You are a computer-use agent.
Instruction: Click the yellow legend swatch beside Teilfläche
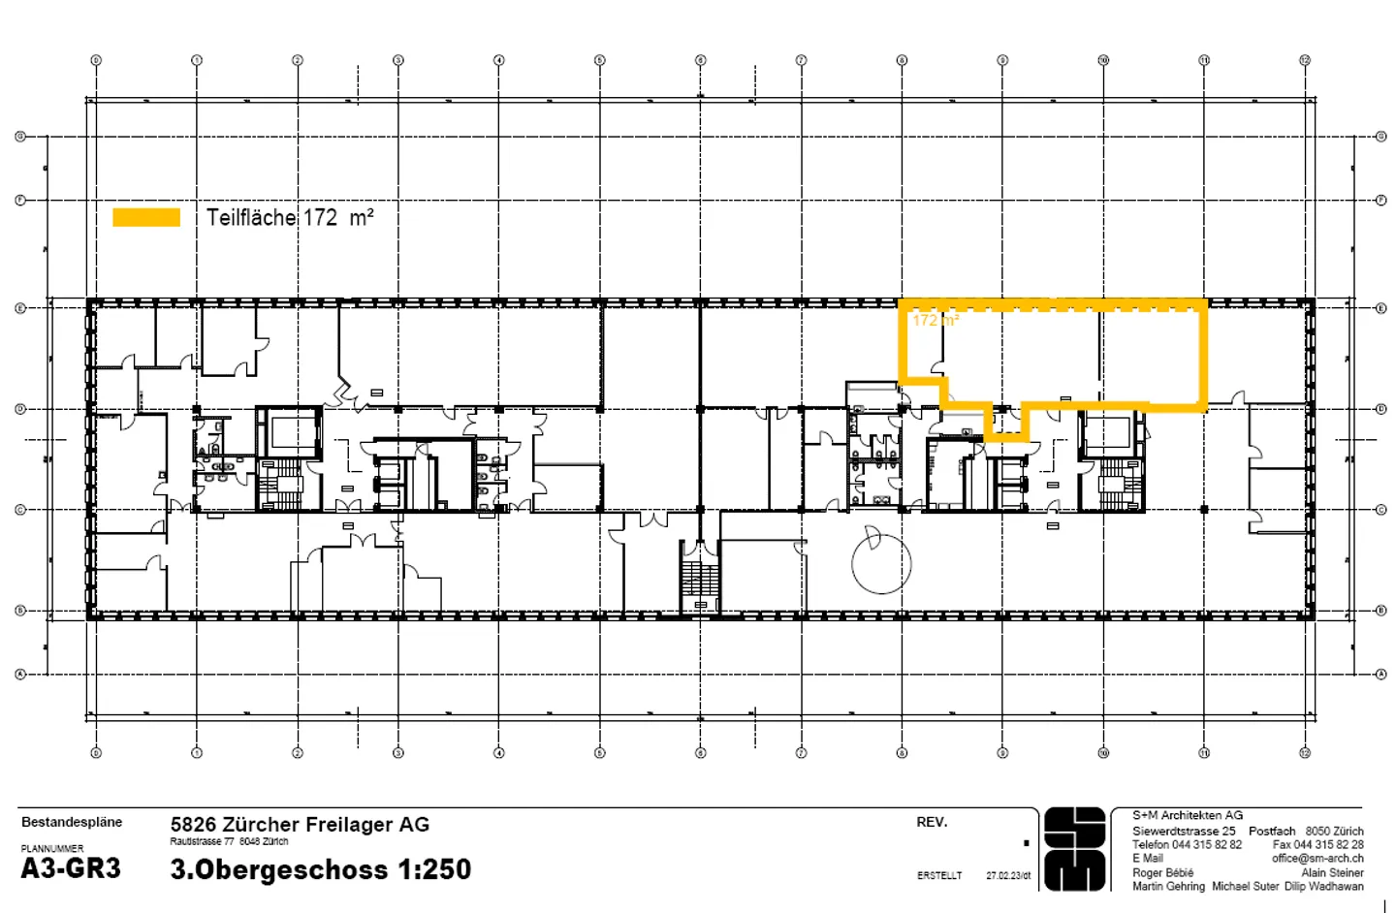(146, 217)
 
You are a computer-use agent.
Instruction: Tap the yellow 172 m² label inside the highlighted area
(935, 320)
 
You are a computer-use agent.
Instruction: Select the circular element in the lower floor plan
(881, 563)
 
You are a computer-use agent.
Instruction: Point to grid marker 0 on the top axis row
(96, 60)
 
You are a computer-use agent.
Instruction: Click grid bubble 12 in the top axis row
(1305, 60)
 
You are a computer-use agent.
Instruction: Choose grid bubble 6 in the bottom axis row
(700, 752)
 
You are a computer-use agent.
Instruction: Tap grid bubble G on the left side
(19, 137)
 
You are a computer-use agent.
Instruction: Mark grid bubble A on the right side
(1381, 674)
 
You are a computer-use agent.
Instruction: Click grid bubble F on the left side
(19, 201)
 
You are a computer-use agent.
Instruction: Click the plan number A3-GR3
(71, 868)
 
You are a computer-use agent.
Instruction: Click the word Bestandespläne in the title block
(72, 822)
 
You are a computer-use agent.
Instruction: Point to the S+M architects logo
(1075, 849)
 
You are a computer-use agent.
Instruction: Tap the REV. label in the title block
(932, 822)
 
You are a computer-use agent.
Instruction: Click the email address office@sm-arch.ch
(1317, 858)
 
